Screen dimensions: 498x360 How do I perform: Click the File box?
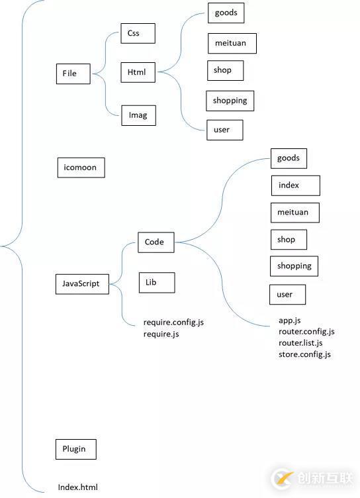[x=73, y=74]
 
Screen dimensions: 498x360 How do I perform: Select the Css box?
[x=138, y=34]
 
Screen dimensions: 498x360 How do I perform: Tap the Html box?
[x=138, y=72]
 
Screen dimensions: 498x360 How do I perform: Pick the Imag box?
[x=138, y=116]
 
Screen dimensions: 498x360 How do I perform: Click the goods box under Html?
[x=226, y=13]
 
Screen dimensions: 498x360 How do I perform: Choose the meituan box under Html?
[x=231, y=43]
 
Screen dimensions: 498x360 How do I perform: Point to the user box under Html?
[x=224, y=130]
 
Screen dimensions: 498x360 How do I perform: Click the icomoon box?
[x=81, y=168]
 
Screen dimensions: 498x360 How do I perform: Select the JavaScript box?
[x=81, y=283]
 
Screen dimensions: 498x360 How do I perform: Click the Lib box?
[x=157, y=282]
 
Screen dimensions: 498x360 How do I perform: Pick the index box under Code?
[x=295, y=185]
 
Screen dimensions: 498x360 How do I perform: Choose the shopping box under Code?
[x=294, y=266]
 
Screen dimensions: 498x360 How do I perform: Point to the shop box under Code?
[x=289, y=240]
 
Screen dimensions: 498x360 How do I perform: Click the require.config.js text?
[x=173, y=323]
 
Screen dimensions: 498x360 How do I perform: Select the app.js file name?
[x=290, y=321]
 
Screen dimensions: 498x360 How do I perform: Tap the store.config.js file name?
[x=304, y=354]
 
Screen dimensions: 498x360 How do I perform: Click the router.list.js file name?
[x=300, y=343]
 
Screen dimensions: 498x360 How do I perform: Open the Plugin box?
[x=75, y=449]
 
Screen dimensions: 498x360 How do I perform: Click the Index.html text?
[x=78, y=487]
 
